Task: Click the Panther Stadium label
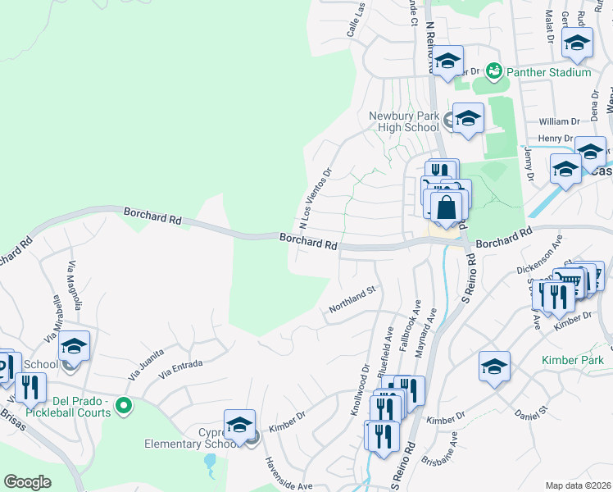coord(548,72)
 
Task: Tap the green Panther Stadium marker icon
coord(493,71)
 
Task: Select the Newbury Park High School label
coord(404,121)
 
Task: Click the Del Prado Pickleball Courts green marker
coord(124,405)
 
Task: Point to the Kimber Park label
coord(572,360)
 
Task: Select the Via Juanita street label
coord(147,362)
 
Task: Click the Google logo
coord(28,482)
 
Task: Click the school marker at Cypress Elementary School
coord(239,425)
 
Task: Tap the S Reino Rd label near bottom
coord(403,467)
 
